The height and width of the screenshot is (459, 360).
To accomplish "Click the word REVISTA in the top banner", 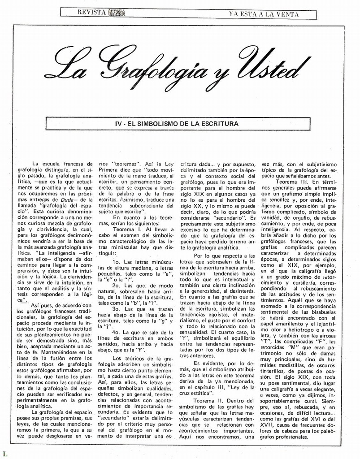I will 91,13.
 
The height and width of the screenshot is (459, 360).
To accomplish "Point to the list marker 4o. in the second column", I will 116,332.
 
